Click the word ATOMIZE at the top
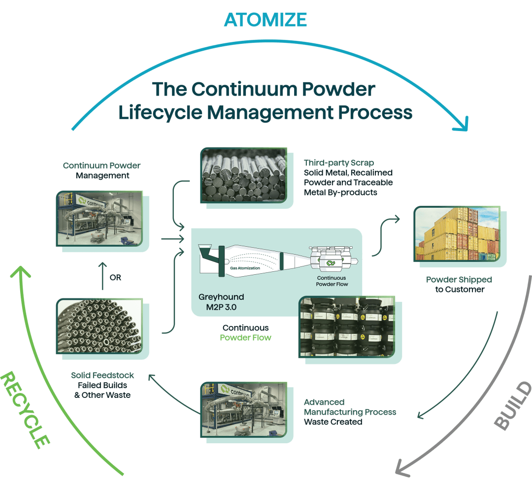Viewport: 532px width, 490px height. click(x=266, y=19)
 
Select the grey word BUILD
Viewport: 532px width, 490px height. click(x=513, y=406)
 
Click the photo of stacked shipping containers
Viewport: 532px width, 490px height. click(x=457, y=233)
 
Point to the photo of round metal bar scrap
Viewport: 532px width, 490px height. click(x=243, y=174)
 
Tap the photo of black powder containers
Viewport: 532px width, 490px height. click(x=347, y=327)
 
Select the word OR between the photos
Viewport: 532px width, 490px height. click(x=115, y=278)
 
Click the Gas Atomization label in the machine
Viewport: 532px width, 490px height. click(x=245, y=268)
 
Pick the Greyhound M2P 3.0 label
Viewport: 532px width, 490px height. click(x=221, y=302)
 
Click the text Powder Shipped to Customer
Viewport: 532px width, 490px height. click(x=459, y=285)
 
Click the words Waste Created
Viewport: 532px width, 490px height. click(x=333, y=422)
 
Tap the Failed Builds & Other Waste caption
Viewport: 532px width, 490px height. click(x=102, y=390)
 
